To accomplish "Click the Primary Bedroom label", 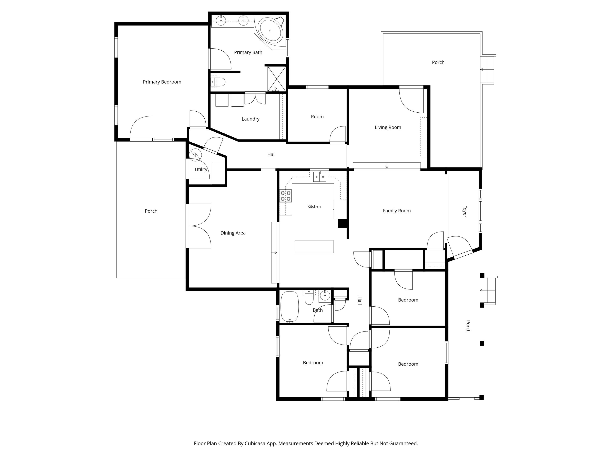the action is point(162,82).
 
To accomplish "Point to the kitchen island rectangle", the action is point(314,246).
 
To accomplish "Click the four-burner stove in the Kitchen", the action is point(286,196).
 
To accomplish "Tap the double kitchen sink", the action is point(319,176).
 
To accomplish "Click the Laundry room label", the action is point(250,119).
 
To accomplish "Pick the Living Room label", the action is point(388,127).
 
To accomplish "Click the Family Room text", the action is point(397,211).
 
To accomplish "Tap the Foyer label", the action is point(465,211).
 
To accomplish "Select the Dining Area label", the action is point(233,233).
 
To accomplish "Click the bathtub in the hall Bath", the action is point(290,307).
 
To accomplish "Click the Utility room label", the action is point(201,169).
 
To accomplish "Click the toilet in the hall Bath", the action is point(309,297).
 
